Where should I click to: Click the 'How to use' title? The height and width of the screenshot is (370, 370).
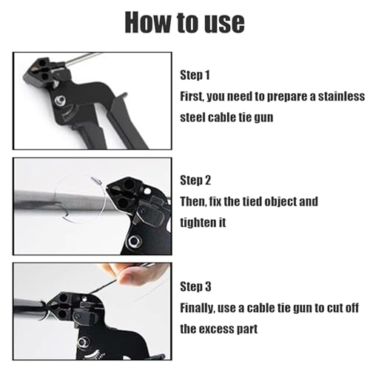coord(184,22)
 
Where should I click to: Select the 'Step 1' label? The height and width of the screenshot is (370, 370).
coord(195,75)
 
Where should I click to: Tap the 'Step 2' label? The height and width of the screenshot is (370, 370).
coord(195,181)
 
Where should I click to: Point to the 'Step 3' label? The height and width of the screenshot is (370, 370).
coord(195,286)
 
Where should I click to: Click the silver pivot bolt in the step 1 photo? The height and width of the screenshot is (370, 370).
coord(60,101)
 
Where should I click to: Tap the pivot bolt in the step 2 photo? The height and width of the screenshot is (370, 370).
coord(134,241)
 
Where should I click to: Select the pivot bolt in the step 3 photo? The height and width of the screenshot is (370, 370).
coord(81,343)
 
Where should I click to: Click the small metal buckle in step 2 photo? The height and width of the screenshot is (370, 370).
coord(96,181)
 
